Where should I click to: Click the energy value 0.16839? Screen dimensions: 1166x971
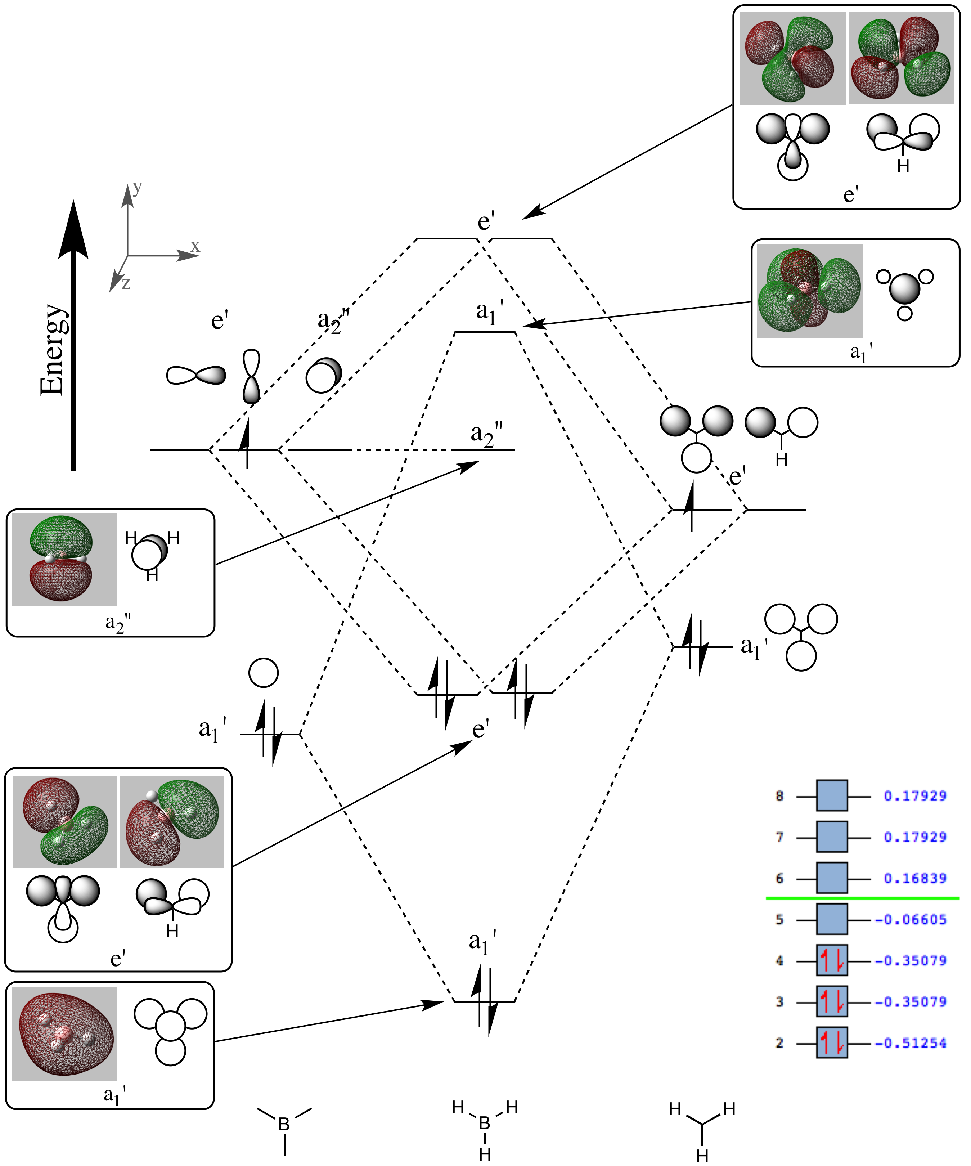pyautogui.click(x=914, y=878)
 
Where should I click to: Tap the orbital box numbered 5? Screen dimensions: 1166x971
pyautogui.click(x=832, y=919)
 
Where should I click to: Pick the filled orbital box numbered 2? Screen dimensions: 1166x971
pyautogui.click(x=832, y=1043)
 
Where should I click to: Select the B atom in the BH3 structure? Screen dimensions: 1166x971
pyautogui.click(x=484, y=1123)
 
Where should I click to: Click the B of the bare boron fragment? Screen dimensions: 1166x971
pyautogui.click(x=284, y=1124)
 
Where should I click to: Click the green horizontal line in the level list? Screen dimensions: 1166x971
pyautogui.click(x=862, y=898)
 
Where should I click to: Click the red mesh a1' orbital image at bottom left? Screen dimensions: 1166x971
pyautogui.click(x=64, y=1034)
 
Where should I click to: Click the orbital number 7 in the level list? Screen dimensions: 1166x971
pyautogui.click(x=779, y=837)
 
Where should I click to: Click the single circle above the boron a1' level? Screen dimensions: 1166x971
pyautogui.click(x=263, y=673)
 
